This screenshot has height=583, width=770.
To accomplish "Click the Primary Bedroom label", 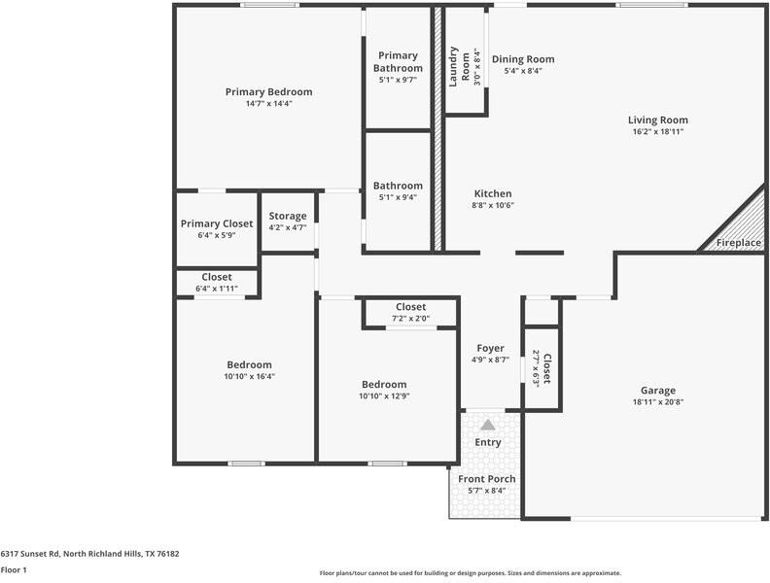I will pyautogui.click(x=268, y=92).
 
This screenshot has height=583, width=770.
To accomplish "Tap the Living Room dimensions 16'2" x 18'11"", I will pyautogui.click(x=657, y=131).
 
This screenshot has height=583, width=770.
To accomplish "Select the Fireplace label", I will pyautogui.click(x=738, y=243).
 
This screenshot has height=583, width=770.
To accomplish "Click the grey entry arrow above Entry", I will pyautogui.click(x=487, y=425).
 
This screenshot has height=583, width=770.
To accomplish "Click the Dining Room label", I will pyautogui.click(x=523, y=59).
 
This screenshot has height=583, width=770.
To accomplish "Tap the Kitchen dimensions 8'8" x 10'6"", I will pyautogui.click(x=492, y=205).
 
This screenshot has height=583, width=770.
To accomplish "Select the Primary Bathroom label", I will pyautogui.click(x=398, y=62).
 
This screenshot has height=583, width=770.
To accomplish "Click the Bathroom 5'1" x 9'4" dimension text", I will pyautogui.click(x=398, y=197).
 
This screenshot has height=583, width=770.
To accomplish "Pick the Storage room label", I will pyautogui.click(x=288, y=216).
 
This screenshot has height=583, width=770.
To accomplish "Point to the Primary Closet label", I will pyautogui.click(x=216, y=223).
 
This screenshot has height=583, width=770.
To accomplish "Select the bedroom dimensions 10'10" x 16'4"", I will pyautogui.click(x=249, y=376).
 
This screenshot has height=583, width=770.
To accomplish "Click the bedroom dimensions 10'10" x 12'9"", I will pyautogui.click(x=384, y=395).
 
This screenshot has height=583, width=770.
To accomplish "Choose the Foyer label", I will pyautogui.click(x=490, y=349).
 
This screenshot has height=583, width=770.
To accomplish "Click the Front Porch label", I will pyautogui.click(x=487, y=479).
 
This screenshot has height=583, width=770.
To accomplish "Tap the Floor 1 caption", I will pyautogui.click(x=14, y=570).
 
